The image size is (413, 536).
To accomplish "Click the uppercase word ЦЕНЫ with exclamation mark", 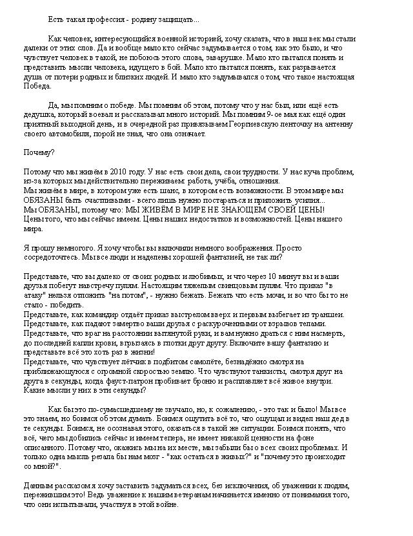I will tap(310, 209).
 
